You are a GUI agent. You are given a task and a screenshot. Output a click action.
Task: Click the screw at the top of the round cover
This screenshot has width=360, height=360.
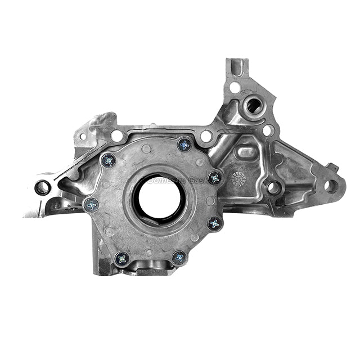click(x=184, y=145)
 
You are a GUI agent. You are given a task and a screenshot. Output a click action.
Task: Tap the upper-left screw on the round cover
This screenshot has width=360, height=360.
click(x=109, y=161)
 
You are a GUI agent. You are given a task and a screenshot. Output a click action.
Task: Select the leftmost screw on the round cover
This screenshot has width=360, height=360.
click(x=91, y=205)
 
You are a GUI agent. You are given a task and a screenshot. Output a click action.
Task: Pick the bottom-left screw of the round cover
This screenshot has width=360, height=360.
click(x=121, y=258)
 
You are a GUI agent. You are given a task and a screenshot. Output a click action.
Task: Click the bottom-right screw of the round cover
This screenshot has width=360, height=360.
click(x=179, y=258)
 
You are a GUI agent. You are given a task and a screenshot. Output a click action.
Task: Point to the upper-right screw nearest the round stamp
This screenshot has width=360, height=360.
click(x=215, y=178)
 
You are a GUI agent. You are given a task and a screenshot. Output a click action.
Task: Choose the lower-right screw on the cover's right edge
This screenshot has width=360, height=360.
click(x=214, y=223)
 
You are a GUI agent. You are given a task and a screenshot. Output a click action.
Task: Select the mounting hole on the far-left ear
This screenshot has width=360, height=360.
click(x=42, y=187)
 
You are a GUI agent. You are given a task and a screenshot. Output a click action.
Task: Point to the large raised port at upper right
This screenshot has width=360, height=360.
click(x=253, y=105)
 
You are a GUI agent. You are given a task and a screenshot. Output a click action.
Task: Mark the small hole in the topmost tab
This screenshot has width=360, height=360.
click(x=235, y=87)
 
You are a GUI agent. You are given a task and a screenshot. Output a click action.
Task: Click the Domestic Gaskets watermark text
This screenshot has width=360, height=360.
click(x=169, y=180)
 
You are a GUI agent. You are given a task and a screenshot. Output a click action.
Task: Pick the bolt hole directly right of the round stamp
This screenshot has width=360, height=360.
click(x=273, y=187)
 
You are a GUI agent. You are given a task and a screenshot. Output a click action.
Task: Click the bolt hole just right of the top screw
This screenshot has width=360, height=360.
click(x=206, y=136)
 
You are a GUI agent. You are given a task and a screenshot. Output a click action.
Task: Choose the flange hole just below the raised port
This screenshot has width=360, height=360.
click(x=268, y=130)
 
